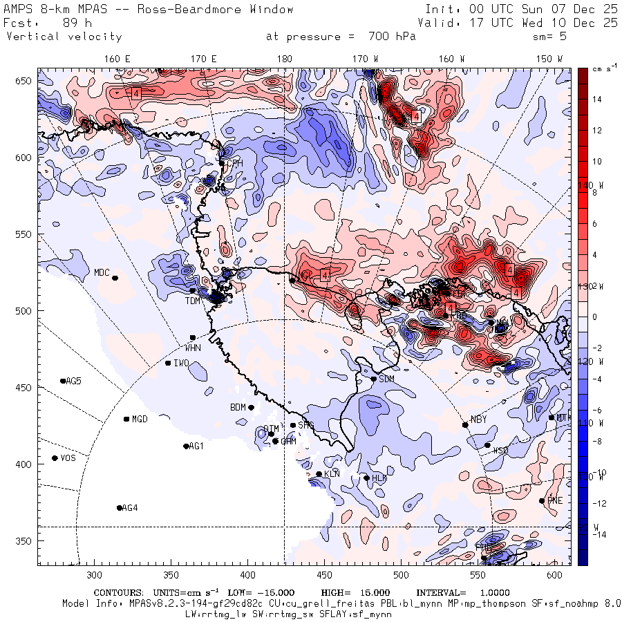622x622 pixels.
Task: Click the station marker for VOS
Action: [x=55, y=458]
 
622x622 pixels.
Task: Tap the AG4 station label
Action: [x=129, y=508]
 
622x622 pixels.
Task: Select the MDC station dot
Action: [x=115, y=278]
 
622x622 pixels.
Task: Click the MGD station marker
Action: [x=126, y=419]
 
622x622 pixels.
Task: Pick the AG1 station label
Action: [x=197, y=446]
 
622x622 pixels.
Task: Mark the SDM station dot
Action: [x=374, y=379]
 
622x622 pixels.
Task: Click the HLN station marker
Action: [x=366, y=478]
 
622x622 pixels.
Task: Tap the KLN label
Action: [x=332, y=474]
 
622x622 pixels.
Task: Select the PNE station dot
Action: [x=542, y=501]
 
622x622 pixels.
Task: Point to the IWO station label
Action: [x=181, y=364]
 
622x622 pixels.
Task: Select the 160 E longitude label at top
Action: [x=117, y=59]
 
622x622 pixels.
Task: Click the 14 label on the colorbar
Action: [x=596, y=100]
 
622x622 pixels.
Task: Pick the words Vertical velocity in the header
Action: [x=64, y=37]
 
